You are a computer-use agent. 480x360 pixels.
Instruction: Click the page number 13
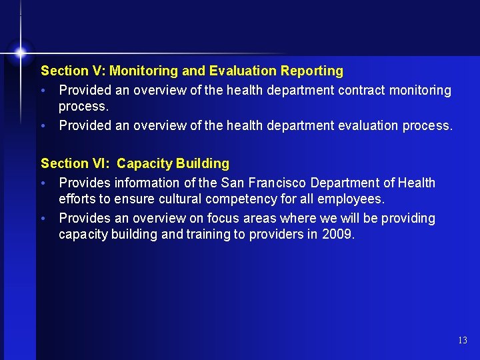(463, 341)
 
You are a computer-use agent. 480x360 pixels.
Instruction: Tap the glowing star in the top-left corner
(21, 51)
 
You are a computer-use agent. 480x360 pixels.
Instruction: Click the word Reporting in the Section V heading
(312, 71)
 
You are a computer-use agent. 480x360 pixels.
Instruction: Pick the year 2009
(340, 234)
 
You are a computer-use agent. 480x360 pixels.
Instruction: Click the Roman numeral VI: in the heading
(101, 163)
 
